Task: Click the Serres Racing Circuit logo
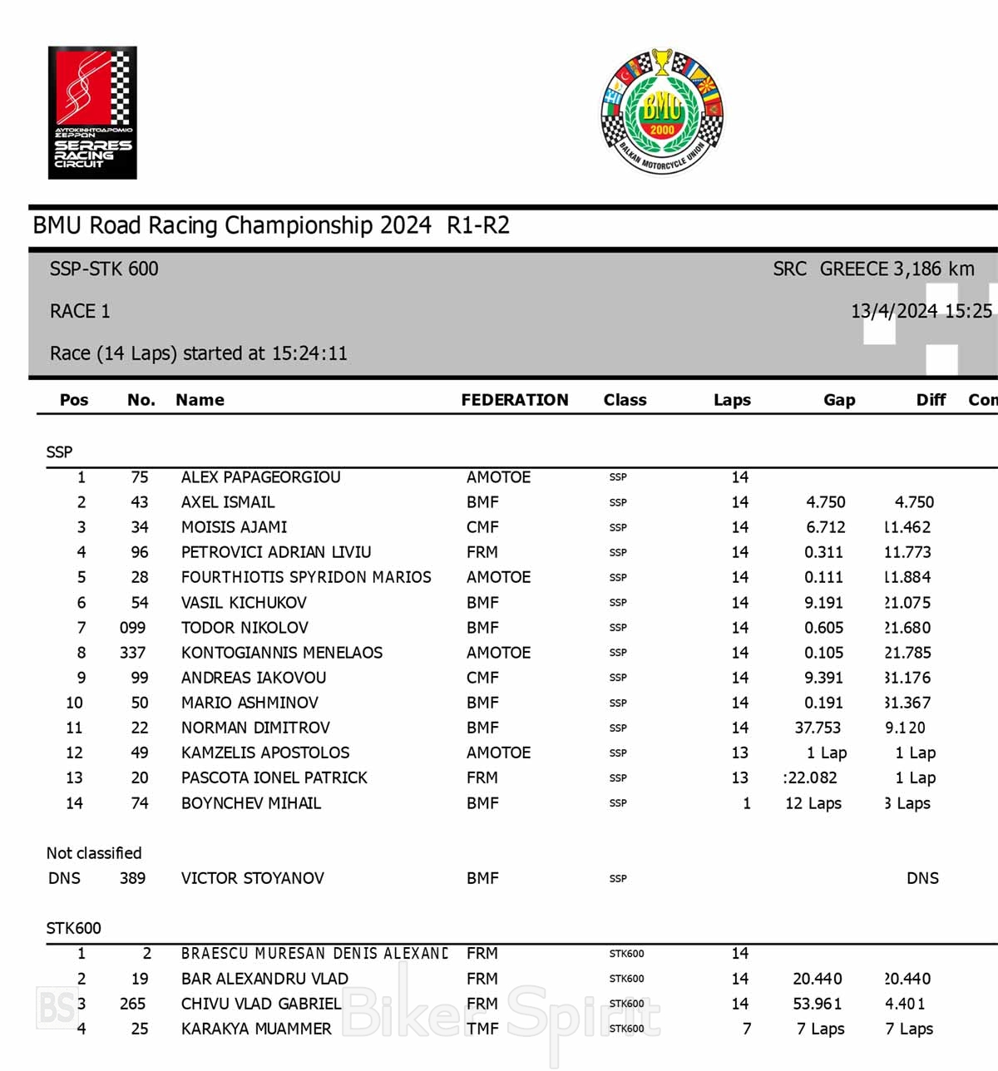coord(92,113)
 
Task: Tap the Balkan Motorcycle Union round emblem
coord(662,111)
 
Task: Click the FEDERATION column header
coord(515,400)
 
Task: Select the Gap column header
coord(839,400)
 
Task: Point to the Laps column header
coord(732,400)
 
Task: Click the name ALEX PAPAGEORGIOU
coord(260,477)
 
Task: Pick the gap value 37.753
coord(818,728)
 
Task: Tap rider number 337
coord(132,653)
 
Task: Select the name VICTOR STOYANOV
coord(252,878)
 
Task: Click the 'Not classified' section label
coord(94,853)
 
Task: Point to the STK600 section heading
coord(73,928)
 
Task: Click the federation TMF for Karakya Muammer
coord(482,1029)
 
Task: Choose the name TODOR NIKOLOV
coord(245,628)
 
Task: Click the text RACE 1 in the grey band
coord(80,311)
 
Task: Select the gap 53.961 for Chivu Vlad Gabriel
coord(818,1004)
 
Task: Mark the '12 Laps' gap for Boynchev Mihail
coord(813,803)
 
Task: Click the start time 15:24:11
coord(309,353)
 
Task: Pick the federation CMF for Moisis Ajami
coord(482,527)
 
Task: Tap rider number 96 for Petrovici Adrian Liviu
coord(140,552)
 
